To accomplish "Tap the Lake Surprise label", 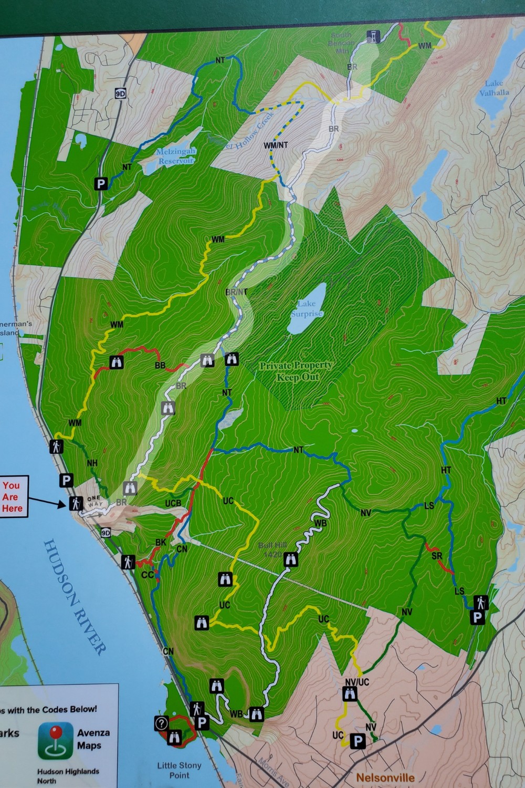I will pyautogui.click(x=307, y=308).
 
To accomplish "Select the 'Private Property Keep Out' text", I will pyautogui.click(x=296, y=371).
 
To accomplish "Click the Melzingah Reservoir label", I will pyautogui.click(x=176, y=156).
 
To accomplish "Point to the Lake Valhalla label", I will pyautogui.click(x=494, y=88).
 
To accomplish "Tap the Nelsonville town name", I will pyautogui.click(x=385, y=777).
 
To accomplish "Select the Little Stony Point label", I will pyautogui.click(x=179, y=770).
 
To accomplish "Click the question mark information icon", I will pyautogui.click(x=161, y=723).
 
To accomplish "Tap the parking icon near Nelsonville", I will pyautogui.click(x=358, y=741).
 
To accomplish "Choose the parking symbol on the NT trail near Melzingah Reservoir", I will pyautogui.click(x=101, y=184).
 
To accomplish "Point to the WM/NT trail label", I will pyautogui.click(x=276, y=145).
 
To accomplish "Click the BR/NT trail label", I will pyautogui.click(x=236, y=292).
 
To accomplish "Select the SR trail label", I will pyautogui.click(x=437, y=556).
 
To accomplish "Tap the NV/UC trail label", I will pyautogui.click(x=357, y=682).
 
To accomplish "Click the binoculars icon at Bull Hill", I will pyautogui.click(x=290, y=560).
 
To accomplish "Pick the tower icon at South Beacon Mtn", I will pyautogui.click(x=372, y=36).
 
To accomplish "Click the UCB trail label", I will pyautogui.click(x=173, y=504).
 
